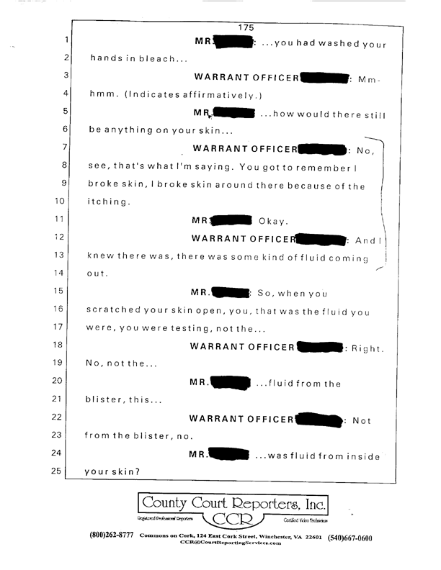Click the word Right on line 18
(x=367, y=347)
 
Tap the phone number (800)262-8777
(x=112, y=538)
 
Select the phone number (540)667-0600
(x=350, y=538)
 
